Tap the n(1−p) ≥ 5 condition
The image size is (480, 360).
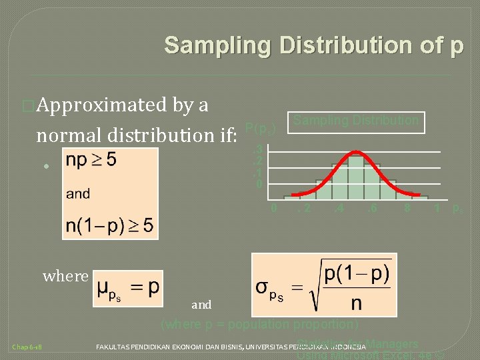pos(110,225)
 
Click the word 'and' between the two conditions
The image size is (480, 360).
pos(78,194)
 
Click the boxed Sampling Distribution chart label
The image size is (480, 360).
pos(357,121)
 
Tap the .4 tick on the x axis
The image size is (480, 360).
pos(339,209)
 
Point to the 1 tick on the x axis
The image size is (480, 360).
pos(437,209)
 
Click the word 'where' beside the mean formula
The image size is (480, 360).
pos(65,276)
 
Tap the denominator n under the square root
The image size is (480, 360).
pos(357,304)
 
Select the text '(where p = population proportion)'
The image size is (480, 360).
pos(260,325)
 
